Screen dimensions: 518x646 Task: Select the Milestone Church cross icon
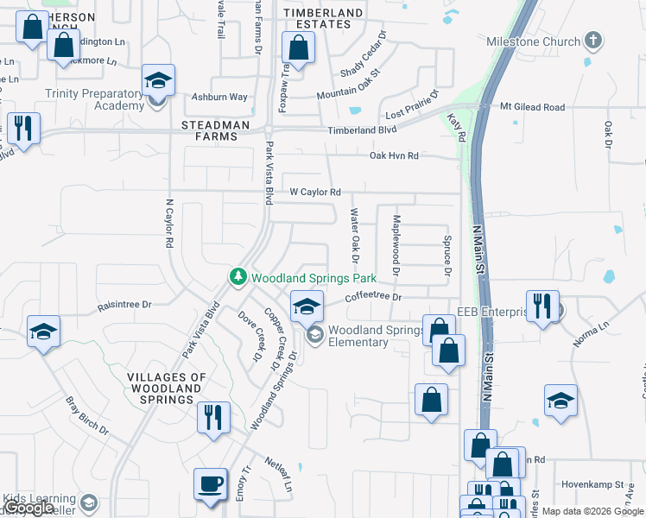pyautogui.click(x=592, y=41)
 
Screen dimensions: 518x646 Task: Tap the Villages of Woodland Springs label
pyautogui.click(x=167, y=388)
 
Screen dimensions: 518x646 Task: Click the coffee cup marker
pyautogui.click(x=211, y=483)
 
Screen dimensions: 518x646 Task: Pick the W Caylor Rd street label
pyautogui.click(x=315, y=192)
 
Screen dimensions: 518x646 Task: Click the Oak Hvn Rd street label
pyautogui.click(x=394, y=155)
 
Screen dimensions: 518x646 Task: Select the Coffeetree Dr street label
pyautogui.click(x=374, y=297)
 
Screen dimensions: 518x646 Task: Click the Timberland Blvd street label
pyautogui.click(x=361, y=129)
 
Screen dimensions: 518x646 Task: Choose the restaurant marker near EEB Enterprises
pyautogui.click(x=541, y=306)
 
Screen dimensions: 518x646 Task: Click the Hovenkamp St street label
pyautogui.click(x=592, y=485)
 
